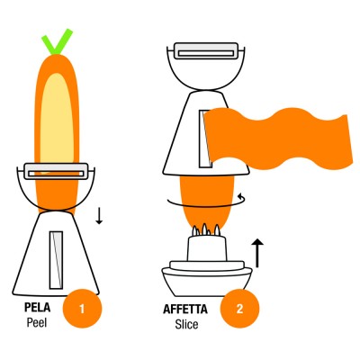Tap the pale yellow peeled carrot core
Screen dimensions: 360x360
(x=57, y=120)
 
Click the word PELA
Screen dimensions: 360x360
(x=37, y=308)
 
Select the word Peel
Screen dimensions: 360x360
(x=37, y=322)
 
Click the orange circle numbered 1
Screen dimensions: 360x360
(x=82, y=309)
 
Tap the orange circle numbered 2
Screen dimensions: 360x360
(x=239, y=309)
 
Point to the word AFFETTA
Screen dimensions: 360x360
(x=185, y=310)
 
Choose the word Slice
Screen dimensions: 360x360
(x=186, y=324)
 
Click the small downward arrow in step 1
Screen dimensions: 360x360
(x=99, y=215)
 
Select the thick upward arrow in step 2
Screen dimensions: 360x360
(x=257, y=253)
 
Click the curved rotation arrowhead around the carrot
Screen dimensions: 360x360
(x=240, y=197)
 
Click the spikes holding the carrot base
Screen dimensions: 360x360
(x=206, y=230)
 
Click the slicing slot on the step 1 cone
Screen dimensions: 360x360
(x=56, y=260)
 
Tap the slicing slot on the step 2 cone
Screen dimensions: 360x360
(x=205, y=139)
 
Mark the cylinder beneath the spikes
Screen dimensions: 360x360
(x=206, y=248)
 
